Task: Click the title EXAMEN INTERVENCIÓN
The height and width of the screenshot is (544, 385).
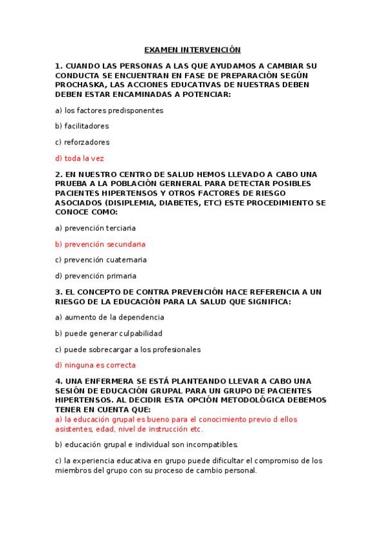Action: pyautogui.click(x=192, y=49)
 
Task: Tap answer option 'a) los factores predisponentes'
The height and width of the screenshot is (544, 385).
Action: pyautogui.click(x=109, y=110)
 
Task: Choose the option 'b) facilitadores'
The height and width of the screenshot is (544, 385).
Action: pyautogui.click(x=82, y=126)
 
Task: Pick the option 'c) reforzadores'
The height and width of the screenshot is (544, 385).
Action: pyautogui.click(x=82, y=142)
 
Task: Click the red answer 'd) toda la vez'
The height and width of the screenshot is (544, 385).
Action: pyautogui.click(x=80, y=158)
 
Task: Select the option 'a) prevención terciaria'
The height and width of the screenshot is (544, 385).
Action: pyautogui.click(x=96, y=228)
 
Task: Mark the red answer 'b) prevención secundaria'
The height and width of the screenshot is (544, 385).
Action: pyautogui.click(x=100, y=244)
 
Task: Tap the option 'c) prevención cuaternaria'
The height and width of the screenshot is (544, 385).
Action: pyautogui.click(x=101, y=260)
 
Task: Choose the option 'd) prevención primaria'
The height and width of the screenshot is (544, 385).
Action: pyautogui.click(x=96, y=276)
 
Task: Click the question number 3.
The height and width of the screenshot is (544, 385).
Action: pyautogui.click(x=58, y=292)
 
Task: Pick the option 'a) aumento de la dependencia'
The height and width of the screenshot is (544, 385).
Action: pyautogui.click(x=110, y=317)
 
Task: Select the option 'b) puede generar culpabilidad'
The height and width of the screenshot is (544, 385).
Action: pyautogui.click(x=109, y=333)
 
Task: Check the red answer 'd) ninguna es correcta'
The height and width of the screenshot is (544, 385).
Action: pyautogui.click(x=95, y=366)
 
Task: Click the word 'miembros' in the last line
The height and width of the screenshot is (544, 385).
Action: pyautogui.click(x=71, y=470)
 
